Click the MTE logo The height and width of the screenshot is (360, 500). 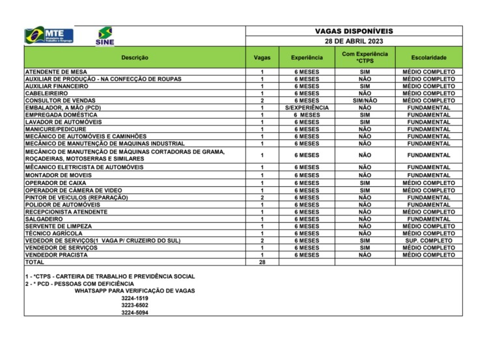(x=49, y=35)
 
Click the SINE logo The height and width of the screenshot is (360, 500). (x=104, y=36)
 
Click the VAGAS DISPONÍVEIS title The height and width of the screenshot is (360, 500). (x=354, y=31)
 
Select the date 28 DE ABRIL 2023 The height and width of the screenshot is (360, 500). (x=354, y=40)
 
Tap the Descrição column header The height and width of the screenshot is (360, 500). (x=135, y=57)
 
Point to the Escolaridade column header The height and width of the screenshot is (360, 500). (x=429, y=57)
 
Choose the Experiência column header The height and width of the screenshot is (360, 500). (x=307, y=57)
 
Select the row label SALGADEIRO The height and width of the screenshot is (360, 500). (x=45, y=219)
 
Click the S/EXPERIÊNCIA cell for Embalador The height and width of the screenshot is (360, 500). (x=307, y=107)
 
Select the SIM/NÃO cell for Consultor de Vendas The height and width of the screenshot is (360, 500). (x=365, y=100)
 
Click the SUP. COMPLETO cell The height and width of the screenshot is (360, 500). (x=429, y=241)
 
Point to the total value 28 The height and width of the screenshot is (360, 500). (x=262, y=262)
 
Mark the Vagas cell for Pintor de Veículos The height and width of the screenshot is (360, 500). (x=262, y=198)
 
